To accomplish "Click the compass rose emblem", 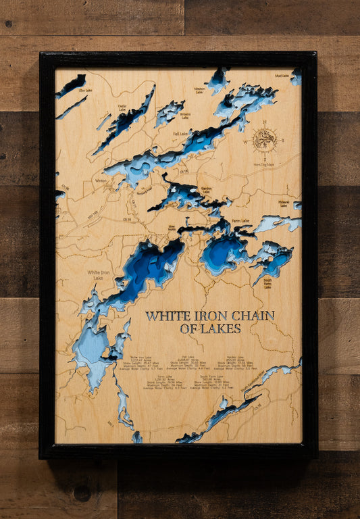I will (265, 140).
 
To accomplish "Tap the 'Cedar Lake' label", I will (122, 107).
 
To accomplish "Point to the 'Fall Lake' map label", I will (180, 134).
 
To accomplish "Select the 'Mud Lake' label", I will (282, 76).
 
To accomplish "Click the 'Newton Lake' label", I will (199, 89).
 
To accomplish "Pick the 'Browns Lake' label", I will (185, 116).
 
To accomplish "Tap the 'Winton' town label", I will (101, 180).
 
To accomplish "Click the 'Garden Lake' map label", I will (207, 190).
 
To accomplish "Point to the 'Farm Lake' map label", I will (240, 220).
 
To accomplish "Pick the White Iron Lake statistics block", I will (140, 363).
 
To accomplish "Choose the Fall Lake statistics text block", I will (188, 363).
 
